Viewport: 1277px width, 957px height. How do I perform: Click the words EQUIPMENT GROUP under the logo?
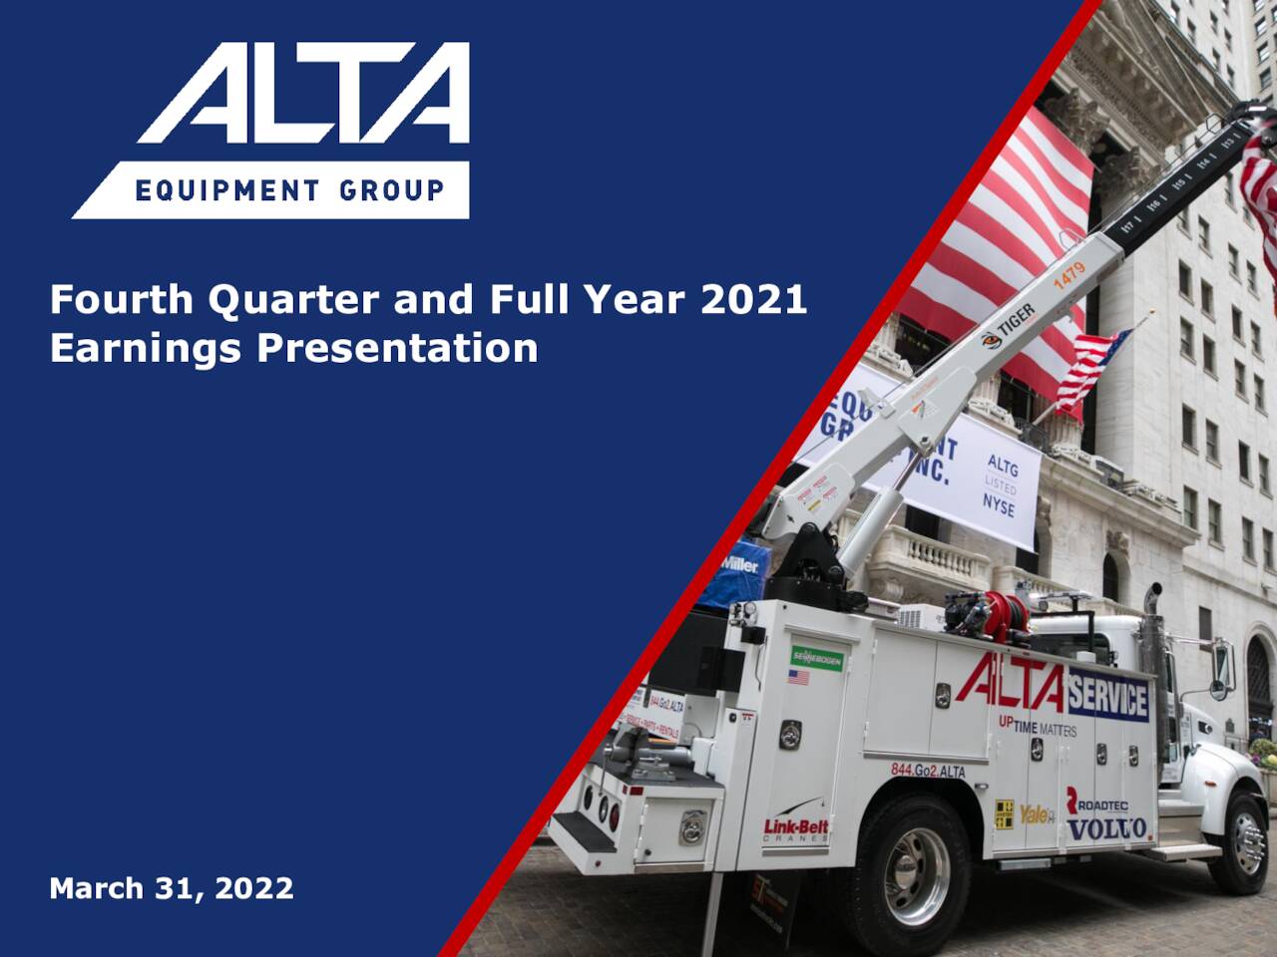[x=290, y=189]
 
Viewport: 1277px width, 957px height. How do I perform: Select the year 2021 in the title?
[x=754, y=299]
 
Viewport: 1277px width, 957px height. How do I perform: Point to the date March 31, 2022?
[x=172, y=887]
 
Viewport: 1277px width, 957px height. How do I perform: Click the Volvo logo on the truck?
[x=1106, y=828]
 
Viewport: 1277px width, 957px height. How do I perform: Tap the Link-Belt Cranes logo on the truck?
[x=796, y=828]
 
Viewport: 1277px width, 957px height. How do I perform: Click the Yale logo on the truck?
[x=1036, y=813]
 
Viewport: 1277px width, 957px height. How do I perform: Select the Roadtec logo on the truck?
[x=1098, y=801]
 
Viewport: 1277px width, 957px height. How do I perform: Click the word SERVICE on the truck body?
[x=1107, y=699]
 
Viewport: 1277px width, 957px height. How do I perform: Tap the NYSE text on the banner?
[x=998, y=504]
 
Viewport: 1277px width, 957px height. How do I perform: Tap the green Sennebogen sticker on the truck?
[x=817, y=658]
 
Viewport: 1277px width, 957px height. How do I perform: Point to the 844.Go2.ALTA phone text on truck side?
[x=928, y=770]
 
